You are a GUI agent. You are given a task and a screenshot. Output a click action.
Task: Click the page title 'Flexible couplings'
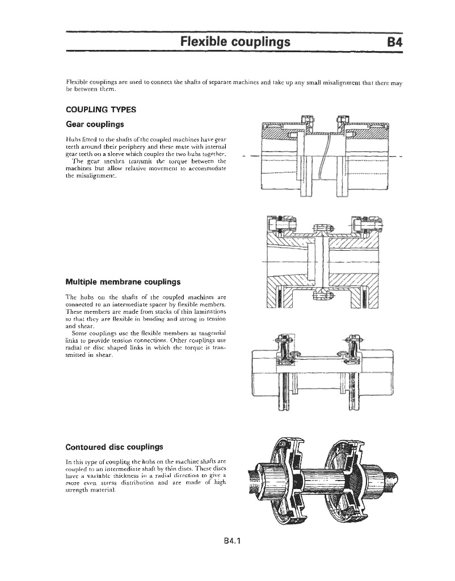tap(235, 42)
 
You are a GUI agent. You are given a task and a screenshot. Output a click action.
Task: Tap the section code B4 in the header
tap(393, 42)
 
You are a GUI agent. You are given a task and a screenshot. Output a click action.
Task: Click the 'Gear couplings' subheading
tap(95, 124)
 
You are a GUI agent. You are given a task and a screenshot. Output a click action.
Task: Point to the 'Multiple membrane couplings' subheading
tap(123, 281)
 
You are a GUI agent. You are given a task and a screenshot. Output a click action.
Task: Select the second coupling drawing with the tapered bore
tap(321, 260)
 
